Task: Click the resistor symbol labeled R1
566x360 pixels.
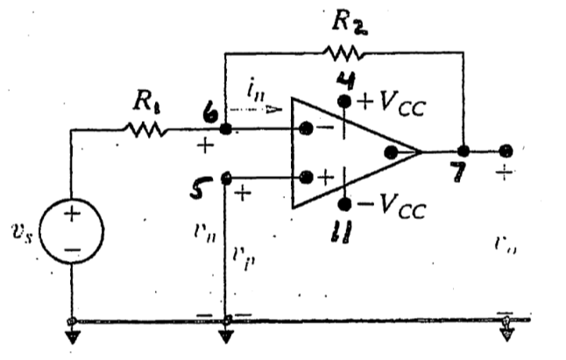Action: tap(145, 130)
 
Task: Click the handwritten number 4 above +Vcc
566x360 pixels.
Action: tap(344, 81)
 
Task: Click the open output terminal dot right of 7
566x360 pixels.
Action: tap(506, 151)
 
